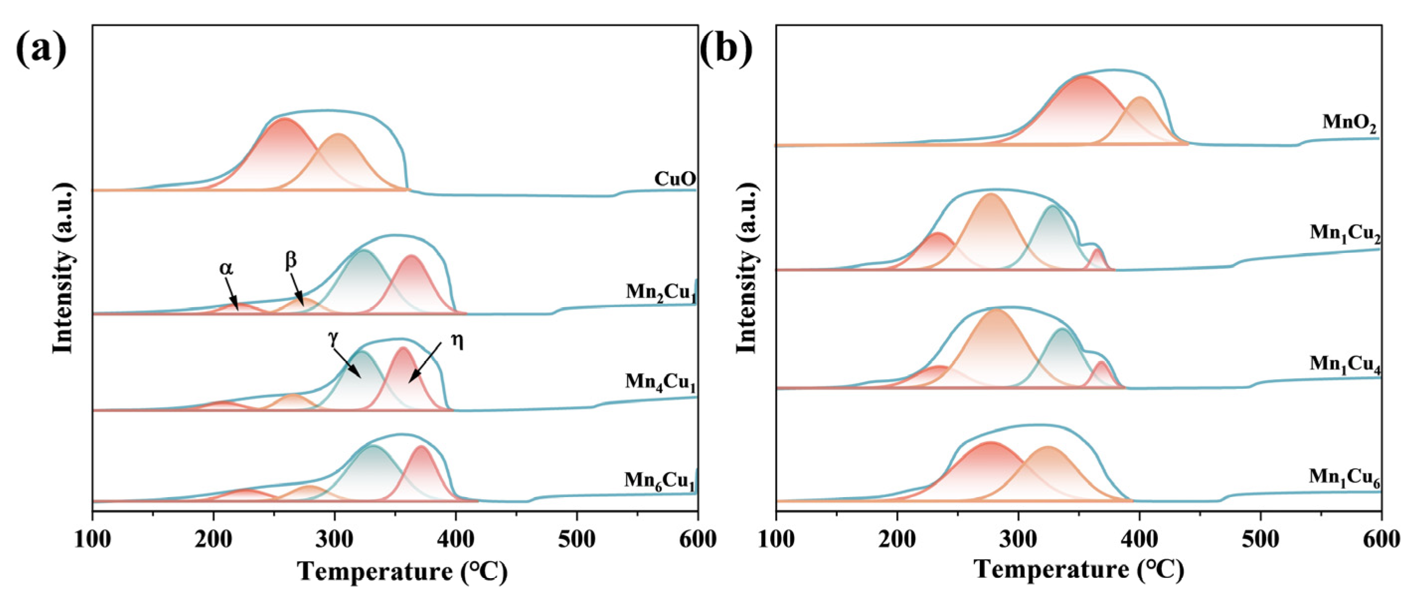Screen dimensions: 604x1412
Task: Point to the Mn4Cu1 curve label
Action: pyautogui.click(x=660, y=382)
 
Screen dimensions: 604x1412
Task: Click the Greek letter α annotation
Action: pyautogui.click(x=226, y=268)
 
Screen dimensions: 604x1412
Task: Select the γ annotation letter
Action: pyautogui.click(x=333, y=338)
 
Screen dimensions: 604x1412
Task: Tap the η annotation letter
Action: pyautogui.click(x=456, y=341)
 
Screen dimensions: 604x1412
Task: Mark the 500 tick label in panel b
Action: pyautogui.click(x=1260, y=540)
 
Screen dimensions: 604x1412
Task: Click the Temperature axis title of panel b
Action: pyautogui.click(x=1079, y=570)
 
